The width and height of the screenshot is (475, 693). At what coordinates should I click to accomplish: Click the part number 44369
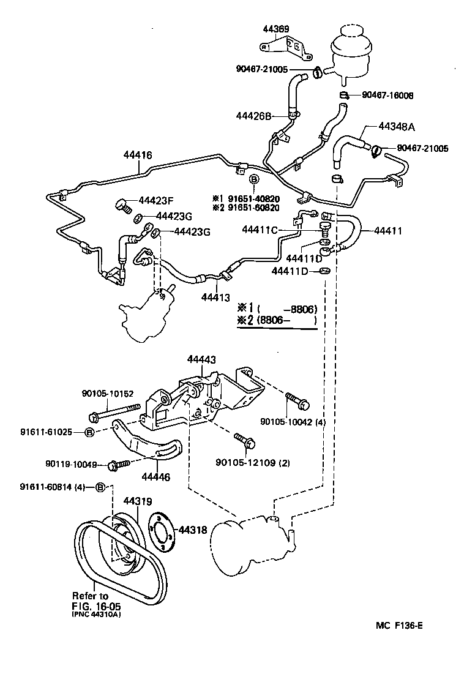point(276,28)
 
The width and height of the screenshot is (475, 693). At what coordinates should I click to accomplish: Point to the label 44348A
point(397,127)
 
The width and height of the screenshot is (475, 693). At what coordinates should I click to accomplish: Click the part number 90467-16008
point(387,96)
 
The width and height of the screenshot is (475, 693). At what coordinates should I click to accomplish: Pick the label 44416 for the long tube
point(137,155)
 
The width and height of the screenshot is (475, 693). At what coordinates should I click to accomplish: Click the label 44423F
point(157,200)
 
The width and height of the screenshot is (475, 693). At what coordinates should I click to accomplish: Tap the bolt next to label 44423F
point(121,204)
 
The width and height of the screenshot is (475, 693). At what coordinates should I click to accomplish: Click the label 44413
point(215,298)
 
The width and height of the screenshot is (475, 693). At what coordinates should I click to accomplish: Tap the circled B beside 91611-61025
point(89,432)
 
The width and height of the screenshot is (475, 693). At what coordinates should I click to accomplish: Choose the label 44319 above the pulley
point(137,501)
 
